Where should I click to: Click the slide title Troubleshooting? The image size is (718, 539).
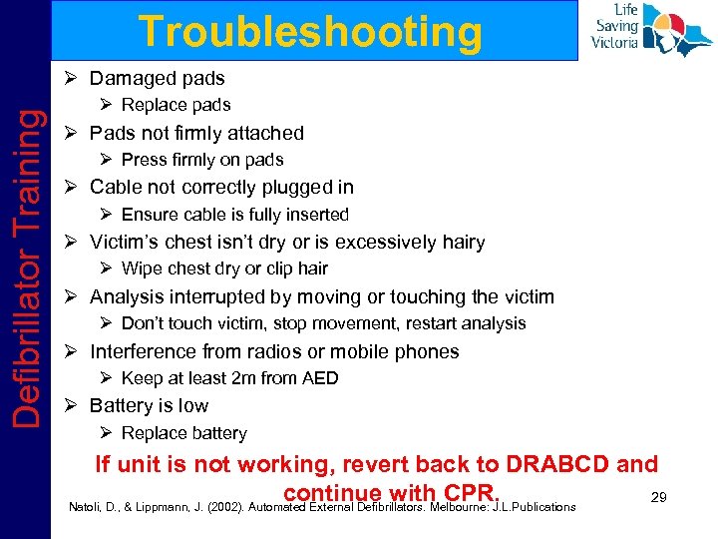tap(310, 32)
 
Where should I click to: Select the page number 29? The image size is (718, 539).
tap(658, 496)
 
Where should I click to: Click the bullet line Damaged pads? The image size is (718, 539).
tap(157, 78)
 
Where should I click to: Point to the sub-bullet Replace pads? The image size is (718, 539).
tap(176, 105)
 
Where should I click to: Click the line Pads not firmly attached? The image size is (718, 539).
tap(196, 133)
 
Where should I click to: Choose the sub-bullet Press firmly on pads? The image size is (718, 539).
tap(202, 160)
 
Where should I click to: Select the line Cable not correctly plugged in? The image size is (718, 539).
tap(221, 187)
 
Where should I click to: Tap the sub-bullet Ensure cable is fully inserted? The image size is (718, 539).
tap(234, 215)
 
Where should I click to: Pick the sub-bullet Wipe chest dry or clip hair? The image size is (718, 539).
tap(224, 269)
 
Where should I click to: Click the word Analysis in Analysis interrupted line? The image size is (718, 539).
tap(125, 296)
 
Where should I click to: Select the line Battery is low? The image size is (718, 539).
tap(149, 405)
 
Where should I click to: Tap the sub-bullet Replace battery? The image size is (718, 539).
tap(183, 433)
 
